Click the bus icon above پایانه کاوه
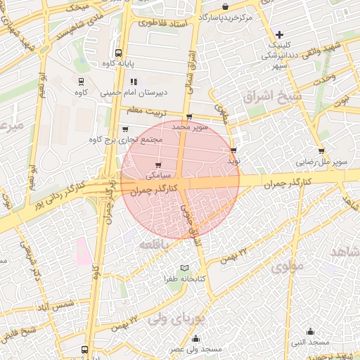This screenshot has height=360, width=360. click(117, 53)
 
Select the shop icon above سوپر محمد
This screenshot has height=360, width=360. click(188, 117)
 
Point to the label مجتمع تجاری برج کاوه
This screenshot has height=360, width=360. click(126, 139)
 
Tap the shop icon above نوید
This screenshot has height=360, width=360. click(233, 150)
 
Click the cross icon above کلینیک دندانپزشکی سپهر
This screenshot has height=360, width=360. click(279, 34)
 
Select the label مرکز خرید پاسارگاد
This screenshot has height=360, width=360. click(224, 16)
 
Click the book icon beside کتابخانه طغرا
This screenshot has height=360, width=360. click(184, 269)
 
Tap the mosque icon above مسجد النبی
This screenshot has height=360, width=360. click(310, 332)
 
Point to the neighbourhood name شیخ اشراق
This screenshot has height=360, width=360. click(271, 95)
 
